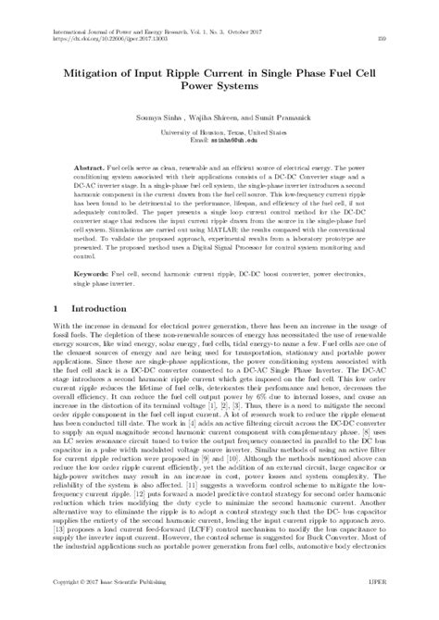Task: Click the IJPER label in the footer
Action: pos(396,612)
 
